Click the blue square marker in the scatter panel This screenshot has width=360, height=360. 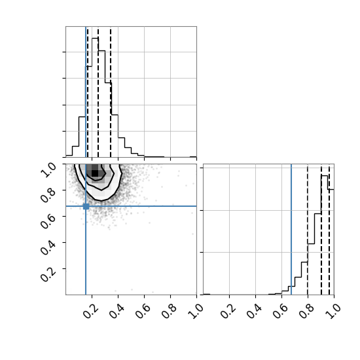click(86, 206)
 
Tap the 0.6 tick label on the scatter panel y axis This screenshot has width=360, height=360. click(48, 221)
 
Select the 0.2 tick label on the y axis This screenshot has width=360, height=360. click(48, 274)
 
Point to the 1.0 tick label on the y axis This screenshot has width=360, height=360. click(48, 170)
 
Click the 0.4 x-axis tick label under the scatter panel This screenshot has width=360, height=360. click(117, 311)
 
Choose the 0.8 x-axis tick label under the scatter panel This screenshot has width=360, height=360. click(169, 311)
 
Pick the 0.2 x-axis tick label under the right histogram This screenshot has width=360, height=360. click(228, 311)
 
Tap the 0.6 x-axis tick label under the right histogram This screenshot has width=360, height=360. click(280, 311)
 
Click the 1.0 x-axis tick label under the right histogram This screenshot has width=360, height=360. click(333, 311)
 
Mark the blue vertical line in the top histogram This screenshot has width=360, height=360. click(86, 92)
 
